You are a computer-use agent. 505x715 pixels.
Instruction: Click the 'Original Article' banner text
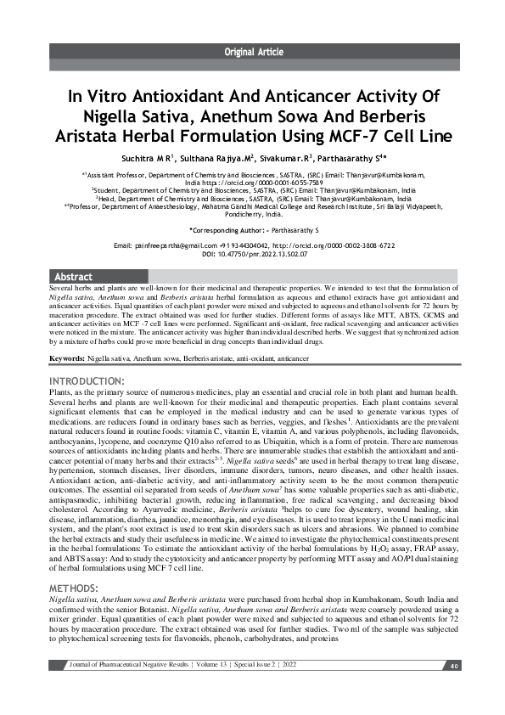(x=253, y=53)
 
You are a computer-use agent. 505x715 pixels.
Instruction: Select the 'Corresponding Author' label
(x=221, y=230)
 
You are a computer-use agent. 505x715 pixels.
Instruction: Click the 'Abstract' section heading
(x=73, y=277)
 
